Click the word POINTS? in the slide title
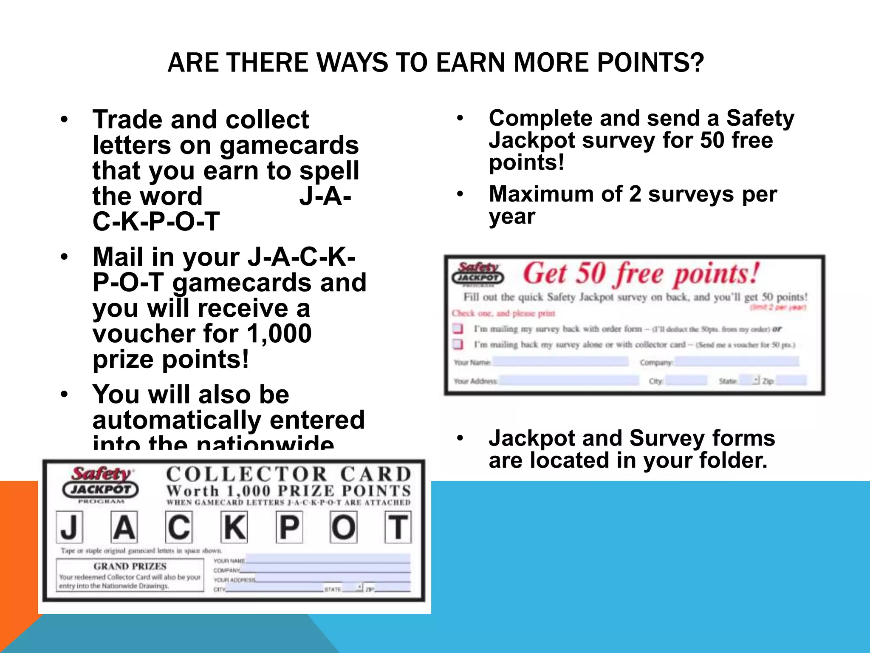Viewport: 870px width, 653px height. (x=650, y=63)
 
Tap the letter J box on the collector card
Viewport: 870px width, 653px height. (x=69, y=527)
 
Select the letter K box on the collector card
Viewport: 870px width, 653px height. (x=234, y=527)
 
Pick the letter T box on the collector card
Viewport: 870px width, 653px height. (x=398, y=527)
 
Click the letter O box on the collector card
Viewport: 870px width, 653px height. (x=344, y=527)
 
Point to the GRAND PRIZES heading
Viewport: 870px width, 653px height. (x=130, y=566)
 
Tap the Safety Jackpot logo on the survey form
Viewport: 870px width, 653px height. (x=478, y=273)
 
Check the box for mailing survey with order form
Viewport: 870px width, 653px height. (x=458, y=329)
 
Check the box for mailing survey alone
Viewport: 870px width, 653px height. (x=458, y=344)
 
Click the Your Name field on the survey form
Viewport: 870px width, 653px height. (x=560, y=361)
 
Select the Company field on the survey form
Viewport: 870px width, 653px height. (x=737, y=361)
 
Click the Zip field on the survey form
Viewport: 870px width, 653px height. (x=791, y=380)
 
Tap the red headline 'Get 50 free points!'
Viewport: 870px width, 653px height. (x=641, y=274)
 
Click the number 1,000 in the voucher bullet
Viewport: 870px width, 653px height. (x=279, y=334)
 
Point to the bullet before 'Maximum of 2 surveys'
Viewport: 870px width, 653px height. (x=460, y=194)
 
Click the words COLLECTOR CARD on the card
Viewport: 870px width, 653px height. (x=289, y=474)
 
